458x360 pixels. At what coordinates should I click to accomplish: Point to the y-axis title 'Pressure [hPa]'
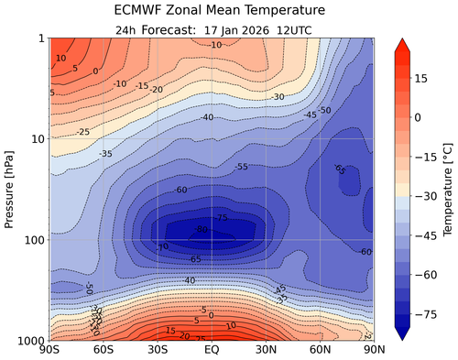[11, 189]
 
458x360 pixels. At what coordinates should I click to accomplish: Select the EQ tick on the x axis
[212, 349]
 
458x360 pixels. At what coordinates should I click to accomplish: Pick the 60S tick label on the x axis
[104, 349]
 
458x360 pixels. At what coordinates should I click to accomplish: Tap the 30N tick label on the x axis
[266, 349]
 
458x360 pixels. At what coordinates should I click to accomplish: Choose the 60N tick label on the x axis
[320, 349]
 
